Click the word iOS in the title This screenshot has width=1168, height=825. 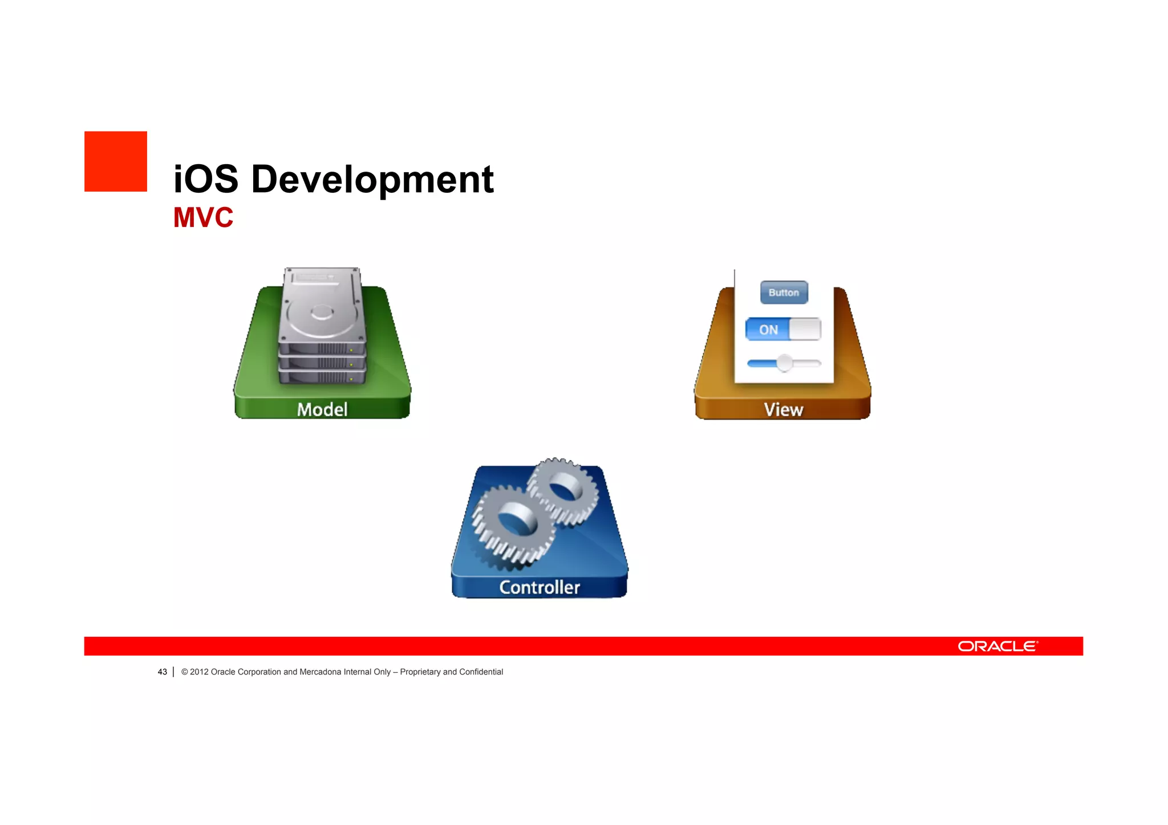click(205, 179)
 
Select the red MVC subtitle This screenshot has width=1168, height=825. click(203, 218)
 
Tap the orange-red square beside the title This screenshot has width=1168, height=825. click(116, 161)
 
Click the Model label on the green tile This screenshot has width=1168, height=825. click(322, 409)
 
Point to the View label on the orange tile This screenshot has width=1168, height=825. click(783, 409)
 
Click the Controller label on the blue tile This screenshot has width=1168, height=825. click(540, 587)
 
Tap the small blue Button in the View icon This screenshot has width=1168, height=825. click(784, 292)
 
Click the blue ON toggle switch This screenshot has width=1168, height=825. click(782, 330)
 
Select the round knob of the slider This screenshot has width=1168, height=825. click(785, 363)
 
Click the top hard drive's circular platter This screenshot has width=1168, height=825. click(322, 312)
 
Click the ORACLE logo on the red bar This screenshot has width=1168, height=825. click(997, 646)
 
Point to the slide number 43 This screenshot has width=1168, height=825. click(163, 672)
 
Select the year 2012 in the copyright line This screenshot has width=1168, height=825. click(199, 672)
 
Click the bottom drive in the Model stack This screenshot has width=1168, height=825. click(322, 377)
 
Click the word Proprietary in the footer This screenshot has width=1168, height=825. click(420, 672)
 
